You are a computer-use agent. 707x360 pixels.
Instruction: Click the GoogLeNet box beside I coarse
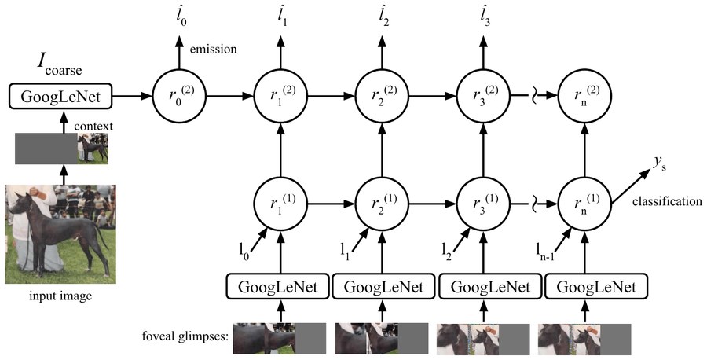pos(60,96)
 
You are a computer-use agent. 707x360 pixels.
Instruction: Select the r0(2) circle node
pos(179,96)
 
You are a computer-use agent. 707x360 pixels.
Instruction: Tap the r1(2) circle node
pos(281,96)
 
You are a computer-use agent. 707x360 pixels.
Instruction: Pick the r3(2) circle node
pos(484,96)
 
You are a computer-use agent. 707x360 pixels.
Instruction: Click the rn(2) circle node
pos(585,96)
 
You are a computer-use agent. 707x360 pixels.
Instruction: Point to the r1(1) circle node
pos(281,204)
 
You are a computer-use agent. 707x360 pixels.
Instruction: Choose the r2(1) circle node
pos(383,204)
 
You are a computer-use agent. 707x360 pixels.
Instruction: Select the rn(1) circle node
pos(585,204)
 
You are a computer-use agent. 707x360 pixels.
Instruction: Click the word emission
pos(213,50)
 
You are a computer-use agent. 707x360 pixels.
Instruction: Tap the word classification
pos(667,201)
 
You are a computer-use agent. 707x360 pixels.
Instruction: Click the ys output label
pos(659,164)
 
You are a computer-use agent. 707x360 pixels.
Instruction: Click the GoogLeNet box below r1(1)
pos(278,287)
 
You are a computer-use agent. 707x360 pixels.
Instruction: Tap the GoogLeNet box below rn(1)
pos(596,287)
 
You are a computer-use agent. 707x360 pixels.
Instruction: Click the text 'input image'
pos(60,296)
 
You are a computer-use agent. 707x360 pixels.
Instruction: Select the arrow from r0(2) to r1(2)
pos(230,96)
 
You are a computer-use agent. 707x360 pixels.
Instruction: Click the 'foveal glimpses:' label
pos(185,336)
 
